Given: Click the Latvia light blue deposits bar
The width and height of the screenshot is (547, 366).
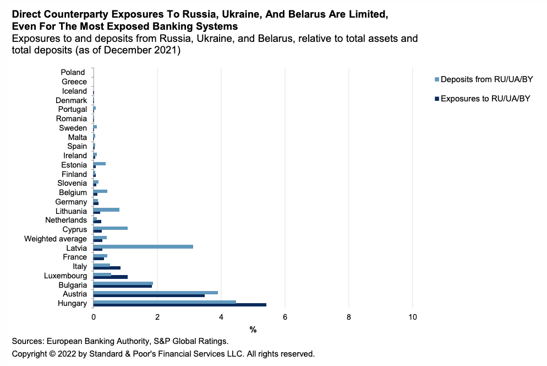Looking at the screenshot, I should pyautogui.click(x=143, y=246).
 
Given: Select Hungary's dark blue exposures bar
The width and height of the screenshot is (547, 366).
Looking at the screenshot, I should pyautogui.click(x=180, y=305).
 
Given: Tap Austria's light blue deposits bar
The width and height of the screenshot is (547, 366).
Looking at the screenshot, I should pyautogui.click(x=156, y=293).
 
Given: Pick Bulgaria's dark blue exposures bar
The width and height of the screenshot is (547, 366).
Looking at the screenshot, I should pyautogui.click(x=123, y=287).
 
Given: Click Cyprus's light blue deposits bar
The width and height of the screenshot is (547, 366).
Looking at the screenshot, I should pyautogui.click(x=111, y=228).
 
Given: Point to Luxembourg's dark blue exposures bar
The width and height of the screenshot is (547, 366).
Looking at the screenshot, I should pyautogui.click(x=111, y=277).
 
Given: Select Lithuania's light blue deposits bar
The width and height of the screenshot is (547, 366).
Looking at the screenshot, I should pyautogui.click(x=106, y=209).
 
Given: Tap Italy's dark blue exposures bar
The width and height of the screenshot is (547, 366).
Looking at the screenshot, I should pyautogui.click(x=107, y=268).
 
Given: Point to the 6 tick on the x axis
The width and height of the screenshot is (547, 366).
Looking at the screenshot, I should pyautogui.click(x=285, y=317).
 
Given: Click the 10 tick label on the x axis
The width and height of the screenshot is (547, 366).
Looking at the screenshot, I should pyautogui.click(x=413, y=317).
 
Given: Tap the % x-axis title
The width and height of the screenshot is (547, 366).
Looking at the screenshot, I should pyautogui.click(x=253, y=330).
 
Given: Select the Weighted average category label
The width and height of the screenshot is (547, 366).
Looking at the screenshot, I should pyautogui.click(x=56, y=239).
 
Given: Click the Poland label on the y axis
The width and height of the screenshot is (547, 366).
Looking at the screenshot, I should pyautogui.click(x=73, y=72).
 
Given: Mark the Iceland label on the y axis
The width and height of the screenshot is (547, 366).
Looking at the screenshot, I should pyautogui.click(x=74, y=91).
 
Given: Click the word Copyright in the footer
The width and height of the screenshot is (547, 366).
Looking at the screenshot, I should pyautogui.click(x=30, y=354).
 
